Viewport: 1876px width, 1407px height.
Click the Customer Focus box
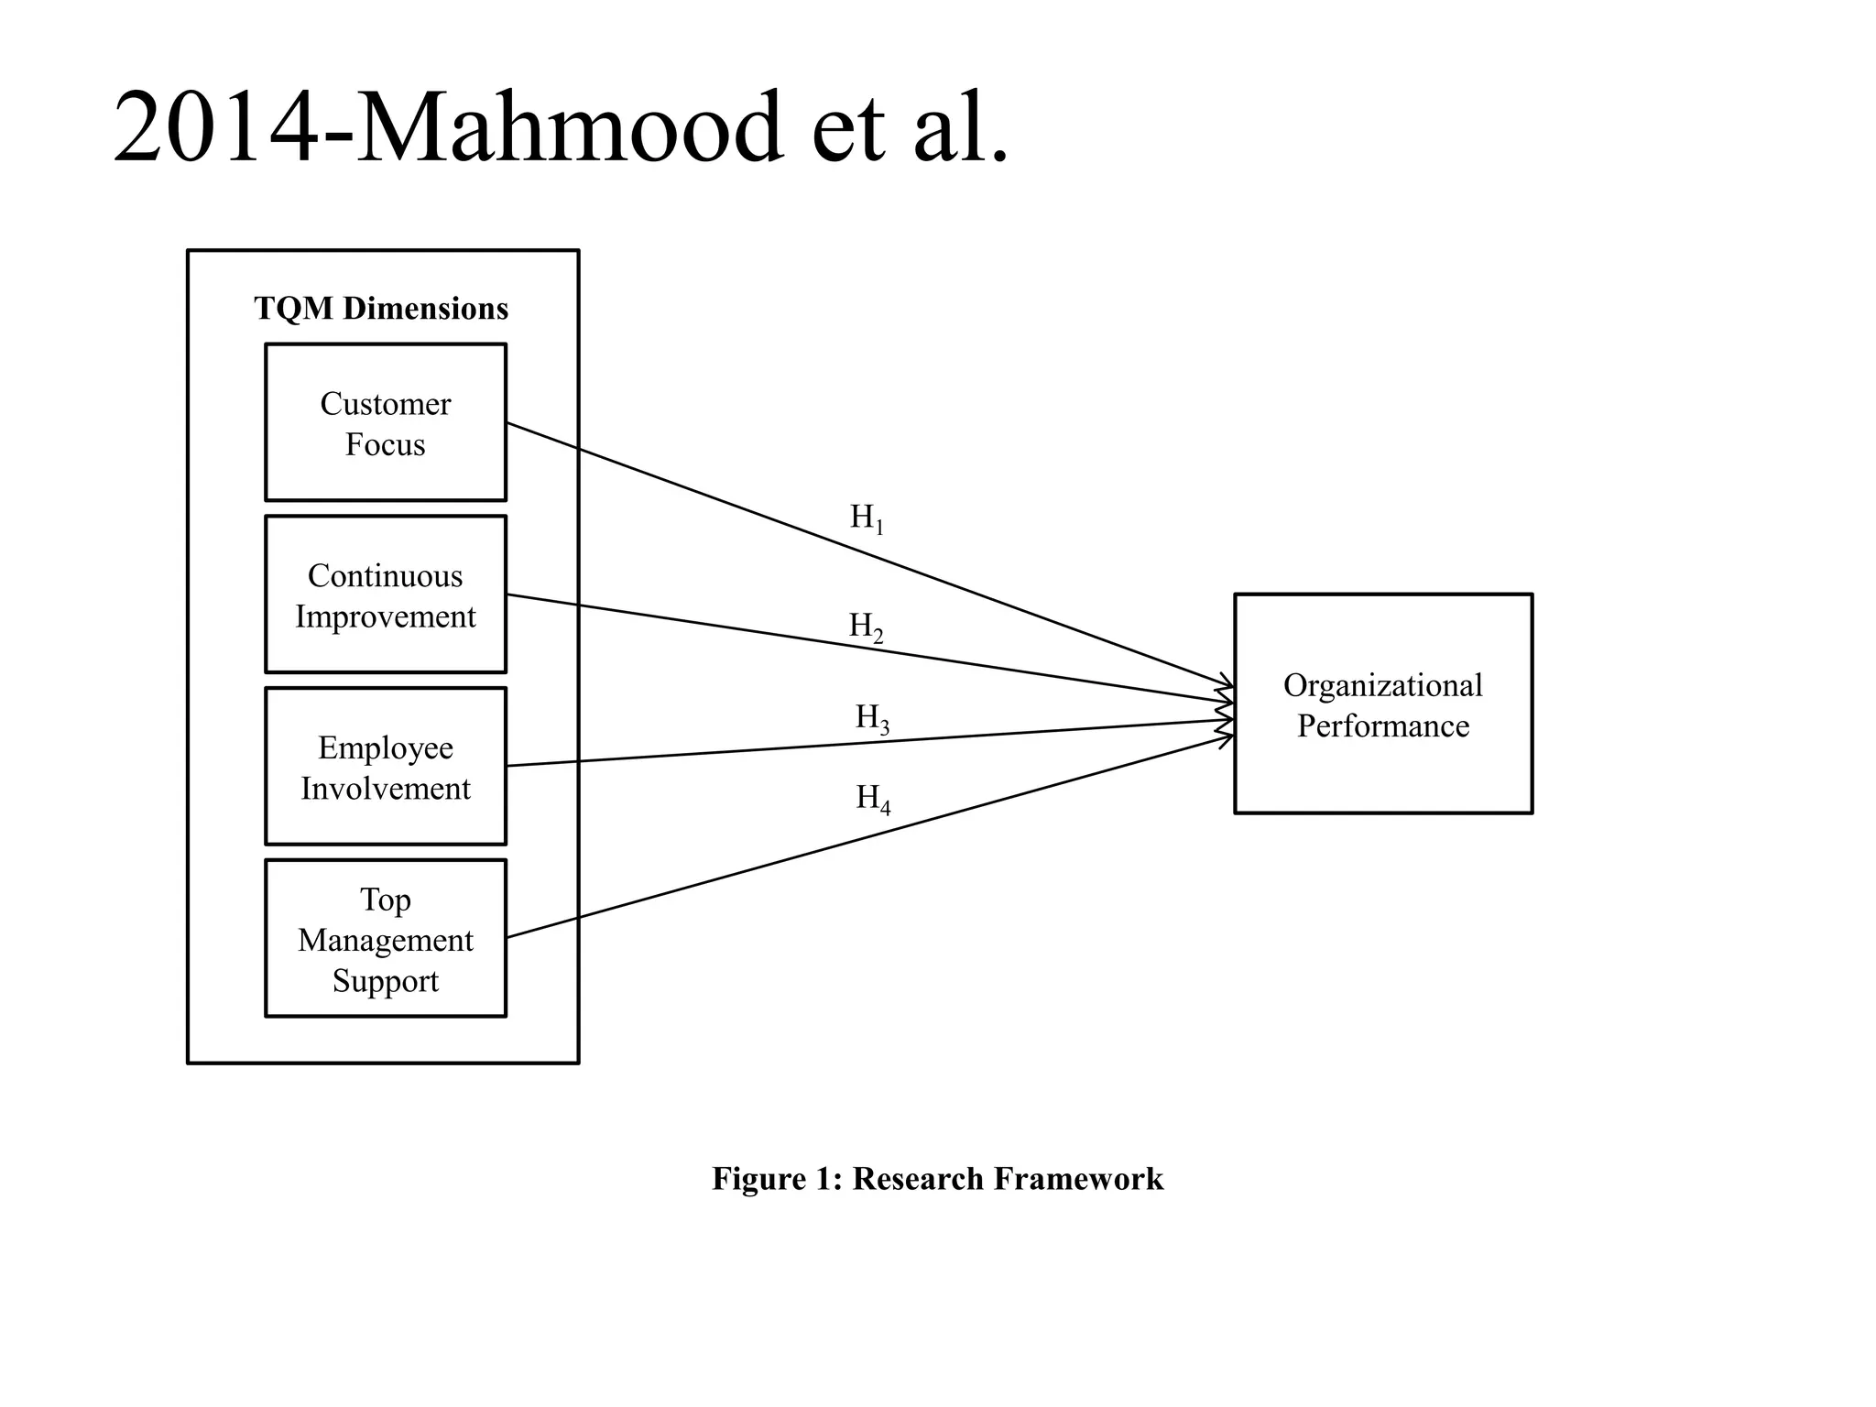pos(385,422)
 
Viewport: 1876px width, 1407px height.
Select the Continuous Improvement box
pos(385,594)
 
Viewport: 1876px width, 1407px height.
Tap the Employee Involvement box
pos(385,767)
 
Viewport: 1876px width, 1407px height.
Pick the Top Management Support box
pos(385,938)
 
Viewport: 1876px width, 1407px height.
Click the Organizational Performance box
pos(1382,703)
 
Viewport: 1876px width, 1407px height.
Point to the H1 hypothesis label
pos(866,518)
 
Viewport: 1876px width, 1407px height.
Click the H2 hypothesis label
pos(866,627)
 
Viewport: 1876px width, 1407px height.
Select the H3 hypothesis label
pos(871,718)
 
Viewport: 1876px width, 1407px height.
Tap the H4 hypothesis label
pos(872,799)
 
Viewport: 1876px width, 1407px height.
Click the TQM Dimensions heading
pos(381,309)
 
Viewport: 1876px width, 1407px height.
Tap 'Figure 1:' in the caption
pos(777,1179)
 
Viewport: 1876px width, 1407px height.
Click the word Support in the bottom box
pos(385,981)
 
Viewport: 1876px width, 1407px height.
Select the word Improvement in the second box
pos(385,616)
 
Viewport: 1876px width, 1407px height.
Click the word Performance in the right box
pos(1382,726)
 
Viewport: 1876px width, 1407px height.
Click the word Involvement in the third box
pos(385,789)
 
